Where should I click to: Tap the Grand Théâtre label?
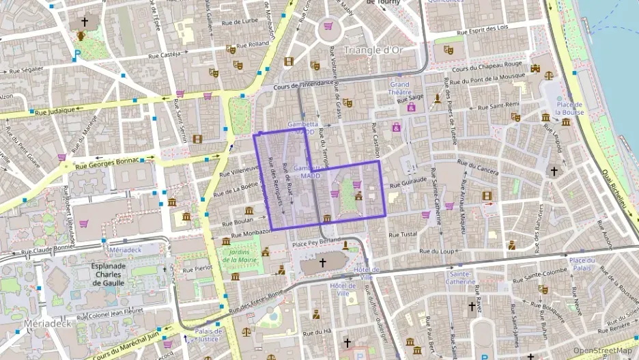(400, 88)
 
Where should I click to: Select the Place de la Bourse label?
(568, 108)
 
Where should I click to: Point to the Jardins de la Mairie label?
(240, 255)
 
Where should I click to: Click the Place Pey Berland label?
(316, 243)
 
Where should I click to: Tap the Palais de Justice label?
(208, 335)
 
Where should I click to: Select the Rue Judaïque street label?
(51, 111)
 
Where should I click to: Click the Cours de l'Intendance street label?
(303, 85)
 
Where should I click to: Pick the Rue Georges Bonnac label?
(106, 163)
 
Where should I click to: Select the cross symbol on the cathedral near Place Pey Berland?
(323, 262)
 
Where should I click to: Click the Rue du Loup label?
(437, 251)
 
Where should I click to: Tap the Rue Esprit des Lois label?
(483, 29)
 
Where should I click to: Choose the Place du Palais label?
(582, 264)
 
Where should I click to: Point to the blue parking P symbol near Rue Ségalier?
(77, 53)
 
